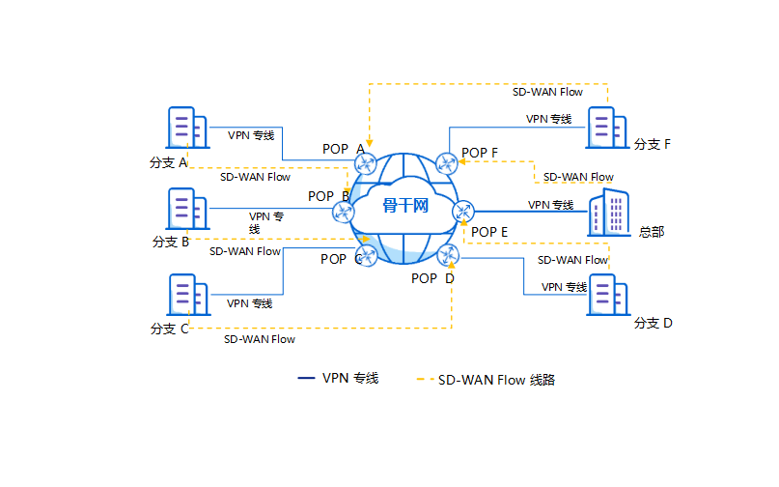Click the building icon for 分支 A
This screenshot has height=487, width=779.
point(185,129)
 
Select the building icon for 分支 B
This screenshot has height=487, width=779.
point(185,209)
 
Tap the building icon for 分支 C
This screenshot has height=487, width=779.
point(185,295)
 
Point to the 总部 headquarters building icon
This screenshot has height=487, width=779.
point(608,213)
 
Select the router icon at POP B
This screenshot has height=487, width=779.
point(342,211)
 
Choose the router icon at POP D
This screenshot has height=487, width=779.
point(446,255)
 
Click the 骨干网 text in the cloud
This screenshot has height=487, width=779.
point(404,206)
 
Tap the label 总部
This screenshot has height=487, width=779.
point(652,232)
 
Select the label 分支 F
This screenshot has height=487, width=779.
point(653,145)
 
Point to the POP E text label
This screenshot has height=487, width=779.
point(489,232)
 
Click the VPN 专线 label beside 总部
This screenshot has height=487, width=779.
point(550,205)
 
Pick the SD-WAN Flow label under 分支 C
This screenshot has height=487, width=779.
point(260,339)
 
